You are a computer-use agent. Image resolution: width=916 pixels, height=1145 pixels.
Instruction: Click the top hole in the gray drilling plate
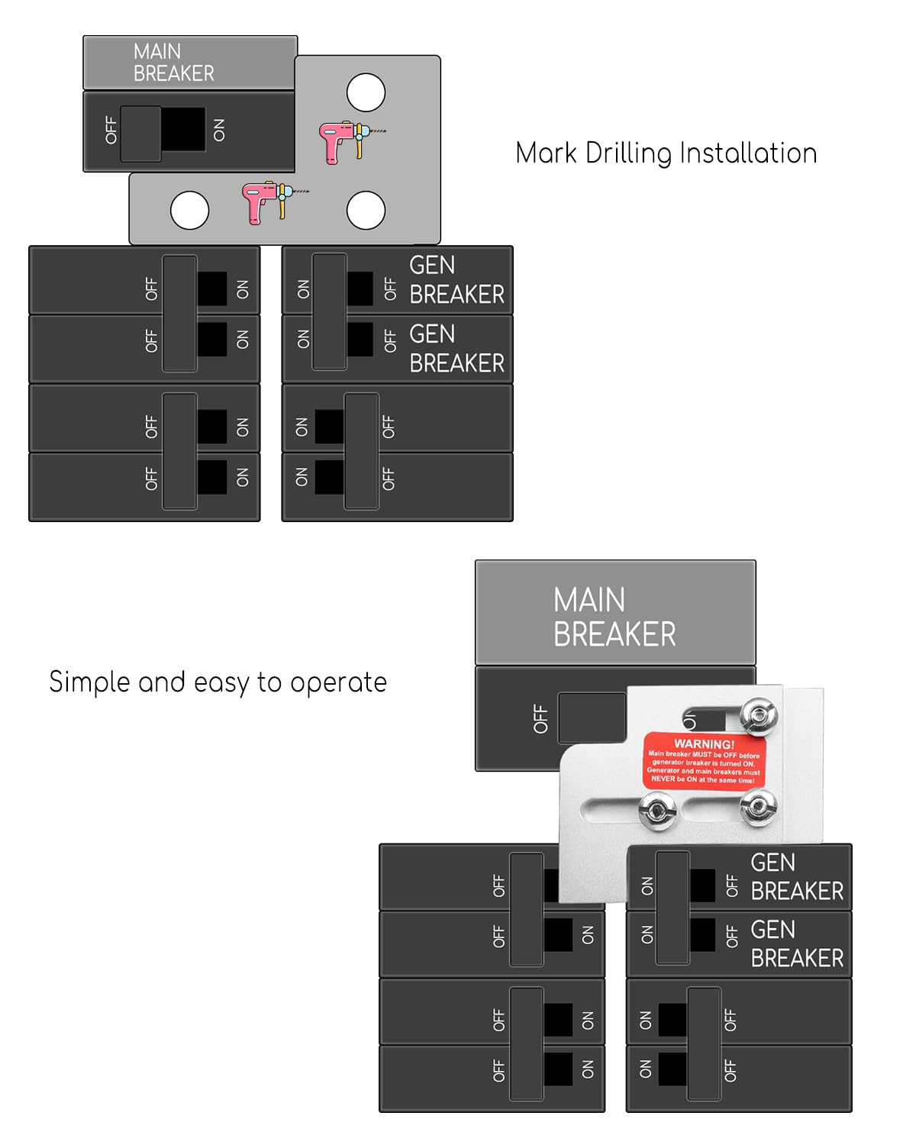(x=366, y=92)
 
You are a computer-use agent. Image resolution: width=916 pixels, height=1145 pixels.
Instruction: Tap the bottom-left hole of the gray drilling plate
(x=189, y=211)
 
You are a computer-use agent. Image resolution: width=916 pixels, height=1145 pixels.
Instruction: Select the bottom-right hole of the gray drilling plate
(x=366, y=211)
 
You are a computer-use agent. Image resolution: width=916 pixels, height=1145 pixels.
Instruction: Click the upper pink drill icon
(x=348, y=142)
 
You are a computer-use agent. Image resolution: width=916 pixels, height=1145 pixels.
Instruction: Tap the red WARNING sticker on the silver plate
(x=704, y=761)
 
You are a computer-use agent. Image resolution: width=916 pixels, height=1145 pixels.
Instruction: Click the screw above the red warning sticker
(x=759, y=715)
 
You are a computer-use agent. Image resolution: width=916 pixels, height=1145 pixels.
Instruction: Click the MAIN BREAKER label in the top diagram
(x=173, y=63)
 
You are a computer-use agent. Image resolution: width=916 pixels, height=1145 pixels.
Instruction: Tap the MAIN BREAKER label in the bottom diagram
(x=614, y=617)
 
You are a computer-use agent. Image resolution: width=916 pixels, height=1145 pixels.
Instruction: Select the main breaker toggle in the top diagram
(x=141, y=134)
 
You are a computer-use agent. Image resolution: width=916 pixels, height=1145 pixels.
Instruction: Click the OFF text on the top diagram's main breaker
(x=111, y=131)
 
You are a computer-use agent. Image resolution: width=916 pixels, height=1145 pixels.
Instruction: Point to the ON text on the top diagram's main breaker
(x=220, y=131)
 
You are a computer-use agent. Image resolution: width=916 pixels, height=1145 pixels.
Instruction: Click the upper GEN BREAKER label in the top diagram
(x=456, y=279)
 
